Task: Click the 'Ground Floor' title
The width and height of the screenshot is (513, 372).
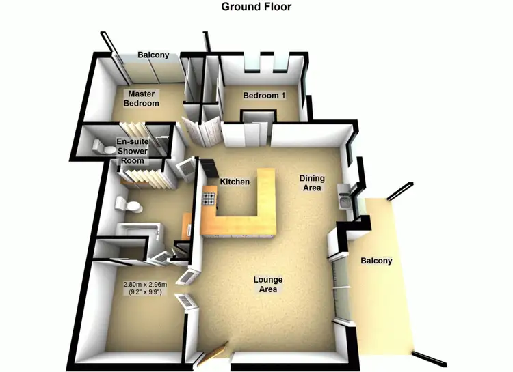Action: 256,7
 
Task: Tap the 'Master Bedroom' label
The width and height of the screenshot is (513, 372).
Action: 141,98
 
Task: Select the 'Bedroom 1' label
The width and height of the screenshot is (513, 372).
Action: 264,96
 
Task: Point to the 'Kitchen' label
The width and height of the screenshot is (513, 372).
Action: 234,182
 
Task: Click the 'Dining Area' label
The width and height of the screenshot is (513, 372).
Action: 312,183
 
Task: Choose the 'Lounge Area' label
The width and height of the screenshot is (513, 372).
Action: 267,285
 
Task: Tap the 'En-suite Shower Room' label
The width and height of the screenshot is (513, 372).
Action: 131,151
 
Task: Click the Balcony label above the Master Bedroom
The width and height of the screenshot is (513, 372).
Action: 153,55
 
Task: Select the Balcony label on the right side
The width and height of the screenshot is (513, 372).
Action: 376,261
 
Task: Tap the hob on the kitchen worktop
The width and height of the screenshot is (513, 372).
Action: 209,199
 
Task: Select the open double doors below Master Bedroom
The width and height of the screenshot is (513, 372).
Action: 202,130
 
